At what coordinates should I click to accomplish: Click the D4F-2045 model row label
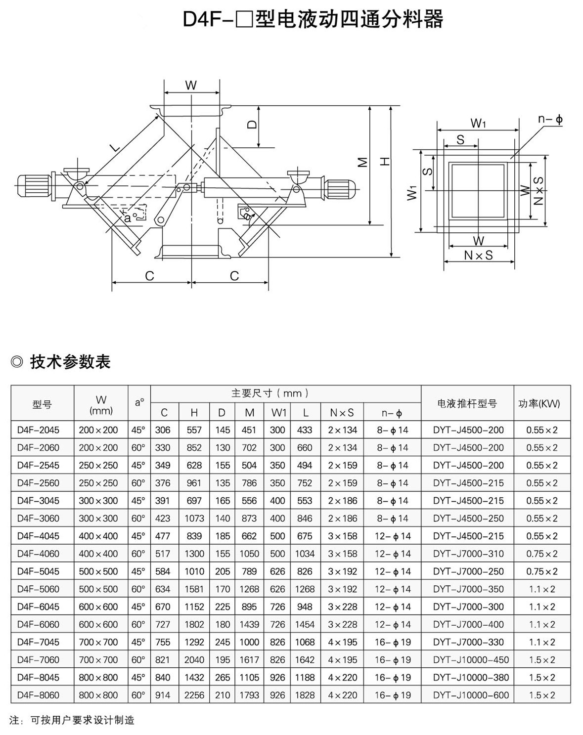tap(38, 430)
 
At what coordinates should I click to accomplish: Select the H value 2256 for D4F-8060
tap(194, 695)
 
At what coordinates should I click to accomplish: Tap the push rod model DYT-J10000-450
tap(470, 660)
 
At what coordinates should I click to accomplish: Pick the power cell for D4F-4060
tap(542, 554)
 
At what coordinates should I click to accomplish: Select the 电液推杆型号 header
tap(467, 404)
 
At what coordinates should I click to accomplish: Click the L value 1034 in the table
tap(305, 554)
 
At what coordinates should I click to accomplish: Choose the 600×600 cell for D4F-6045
tap(98, 606)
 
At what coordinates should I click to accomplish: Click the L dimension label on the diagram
tap(114, 147)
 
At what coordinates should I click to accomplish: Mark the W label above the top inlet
tap(191, 85)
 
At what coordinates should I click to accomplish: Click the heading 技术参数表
tap(70, 362)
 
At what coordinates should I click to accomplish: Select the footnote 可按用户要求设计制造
tap(83, 720)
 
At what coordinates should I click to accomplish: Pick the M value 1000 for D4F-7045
tap(249, 642)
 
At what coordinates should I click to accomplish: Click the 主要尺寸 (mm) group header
tap(270, 393)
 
